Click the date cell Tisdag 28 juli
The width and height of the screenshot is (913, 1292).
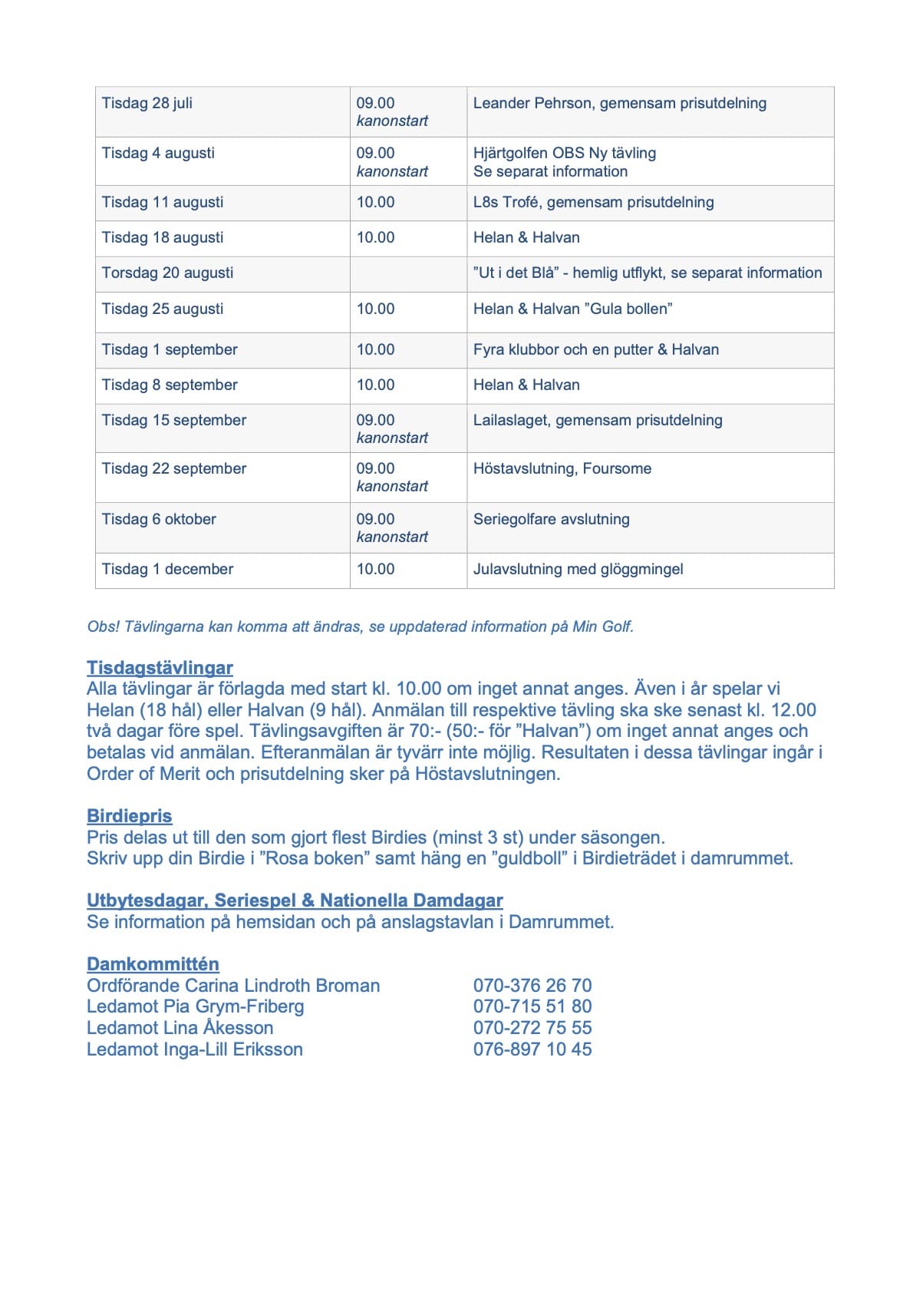[147, 103]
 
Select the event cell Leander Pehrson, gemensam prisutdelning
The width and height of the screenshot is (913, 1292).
[619, 103]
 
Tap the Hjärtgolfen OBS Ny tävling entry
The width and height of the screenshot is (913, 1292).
[565, 154]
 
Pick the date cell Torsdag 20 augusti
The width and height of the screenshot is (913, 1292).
[167, 273]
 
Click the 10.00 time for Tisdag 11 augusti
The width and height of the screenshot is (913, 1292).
[375, 203]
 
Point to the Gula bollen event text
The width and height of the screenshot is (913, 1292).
[572, 309]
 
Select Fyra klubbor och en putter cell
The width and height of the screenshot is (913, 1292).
[595, 350]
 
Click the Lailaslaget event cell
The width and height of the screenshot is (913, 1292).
[598, 421]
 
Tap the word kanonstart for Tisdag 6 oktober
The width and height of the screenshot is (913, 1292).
[392, 537]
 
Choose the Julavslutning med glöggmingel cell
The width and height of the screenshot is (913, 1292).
[578, 570]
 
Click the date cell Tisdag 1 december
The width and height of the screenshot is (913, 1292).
[167, 570]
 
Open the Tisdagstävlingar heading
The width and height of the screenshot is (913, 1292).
[160, 668]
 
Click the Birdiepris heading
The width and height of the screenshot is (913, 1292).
[129, 816]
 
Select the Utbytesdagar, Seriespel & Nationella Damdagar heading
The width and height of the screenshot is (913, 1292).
[295, 900]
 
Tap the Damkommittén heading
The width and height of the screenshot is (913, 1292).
[153, 964]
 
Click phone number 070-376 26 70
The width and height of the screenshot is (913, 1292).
[532, 986]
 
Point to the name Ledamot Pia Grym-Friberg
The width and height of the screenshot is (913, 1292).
[195, 1006]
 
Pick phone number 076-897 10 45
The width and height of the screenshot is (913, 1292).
[532, 1049]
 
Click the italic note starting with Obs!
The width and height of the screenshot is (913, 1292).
[361, 627]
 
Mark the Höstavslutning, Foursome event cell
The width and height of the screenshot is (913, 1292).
[562, 469]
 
